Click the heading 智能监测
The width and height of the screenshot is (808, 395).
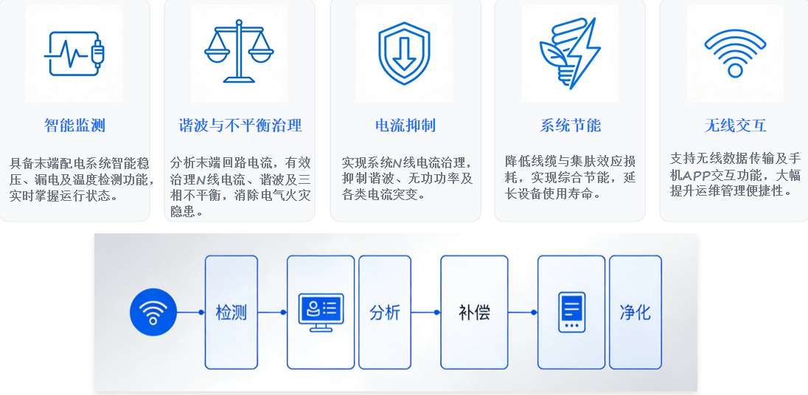click(74, 126)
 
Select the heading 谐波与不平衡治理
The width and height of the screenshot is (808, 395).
click(240, 126)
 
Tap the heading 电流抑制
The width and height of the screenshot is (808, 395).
click(405, 126)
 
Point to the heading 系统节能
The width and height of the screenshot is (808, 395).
click(570, 126)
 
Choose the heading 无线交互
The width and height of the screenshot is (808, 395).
click(735, 126)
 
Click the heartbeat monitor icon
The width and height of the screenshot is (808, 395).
click(74, 54)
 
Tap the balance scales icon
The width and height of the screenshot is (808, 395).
click(239, 51)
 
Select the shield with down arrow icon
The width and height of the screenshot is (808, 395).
click(405, 53)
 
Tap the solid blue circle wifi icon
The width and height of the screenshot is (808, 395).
click(153, 312)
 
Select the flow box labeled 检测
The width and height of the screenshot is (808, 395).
click(231, 312)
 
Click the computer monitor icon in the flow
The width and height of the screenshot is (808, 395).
click(321, 312)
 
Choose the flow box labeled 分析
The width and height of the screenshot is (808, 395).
click(385, 312)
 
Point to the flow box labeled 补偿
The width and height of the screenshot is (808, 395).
click(474, 312)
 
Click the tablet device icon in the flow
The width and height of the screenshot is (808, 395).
click(572, 312)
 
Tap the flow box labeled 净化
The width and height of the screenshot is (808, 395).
click(635, 312)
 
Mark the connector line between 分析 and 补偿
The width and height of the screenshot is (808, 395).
click(425, 312)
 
